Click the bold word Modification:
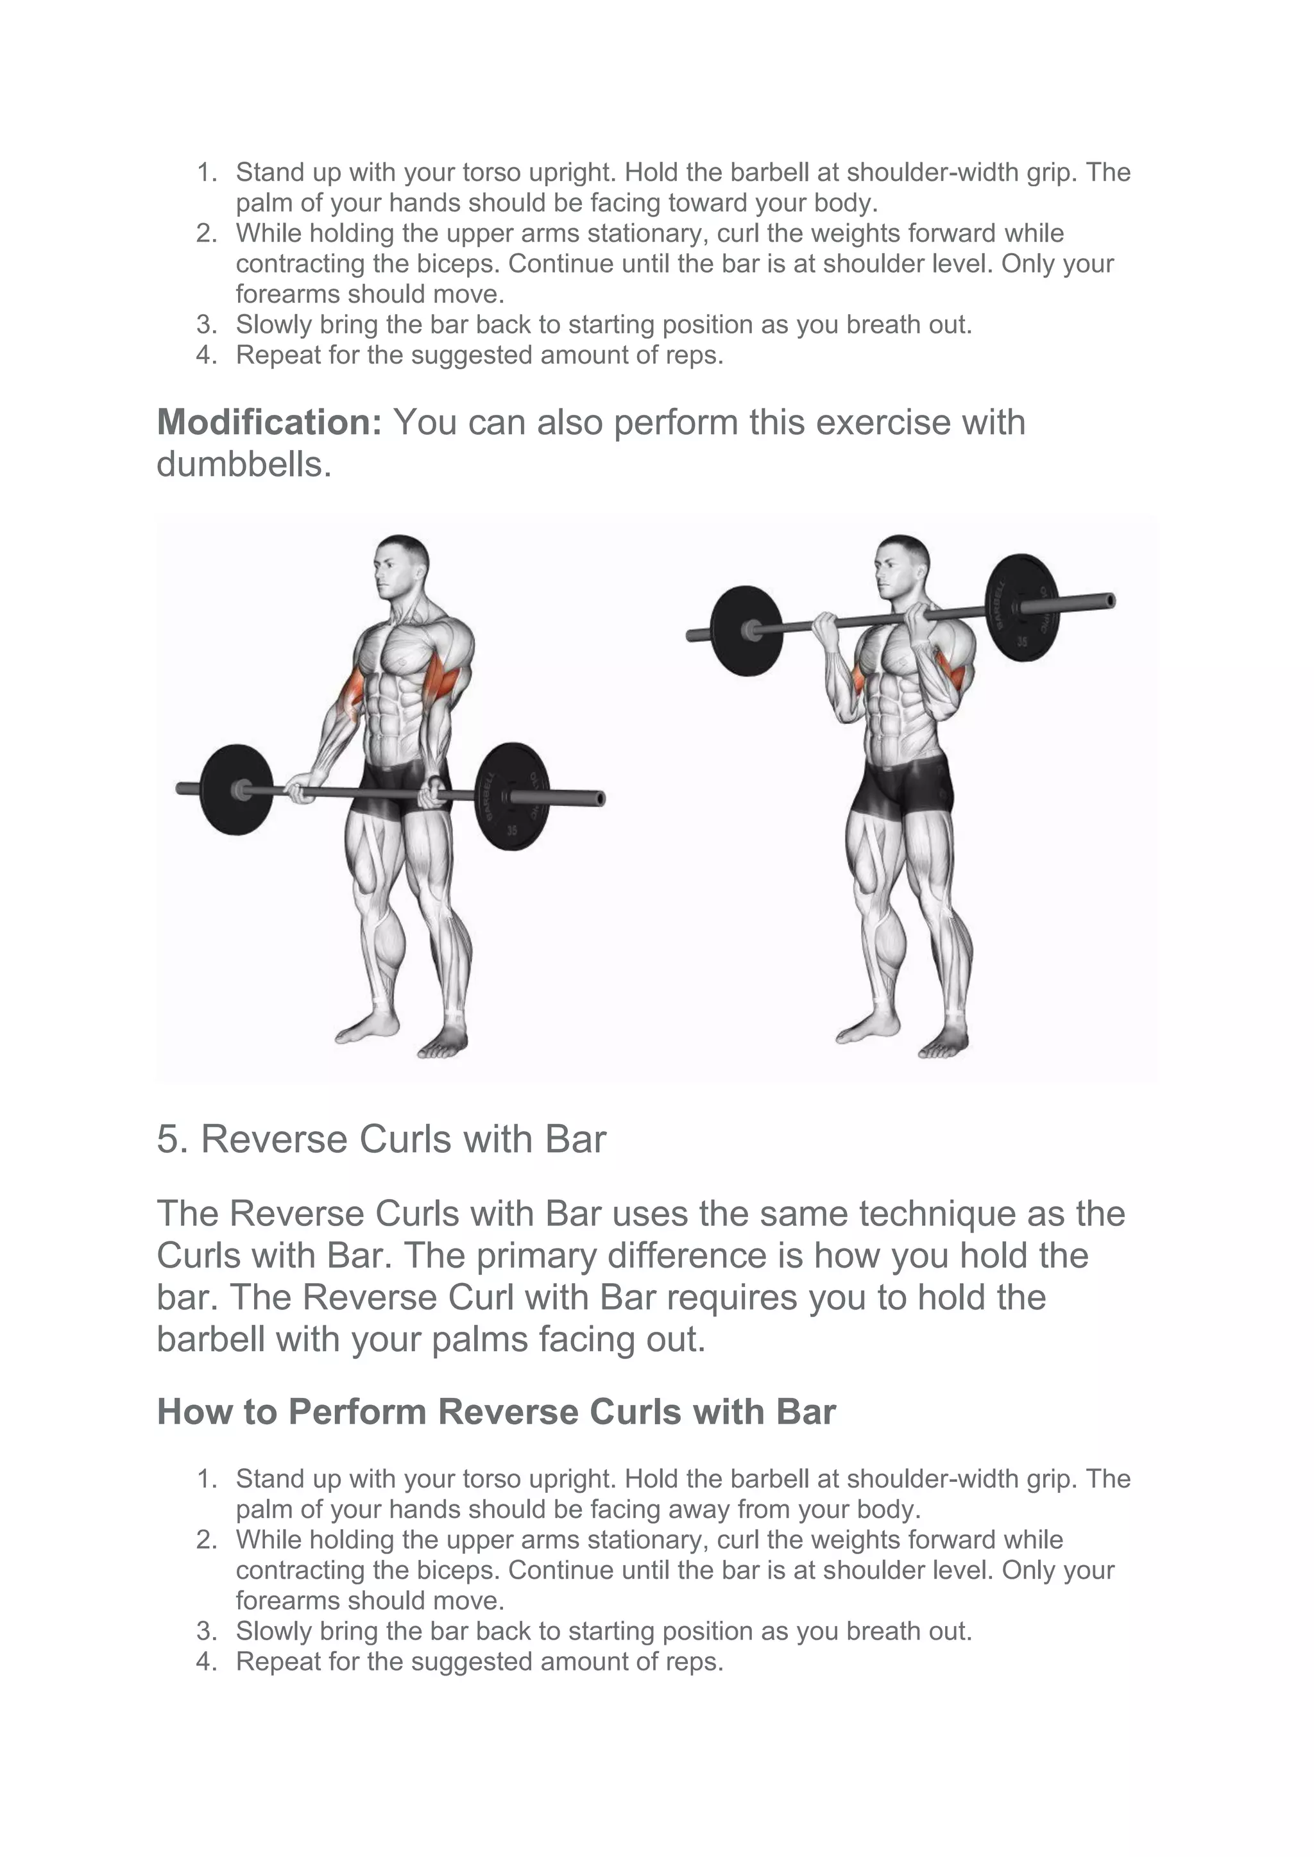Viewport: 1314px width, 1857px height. point(269,422)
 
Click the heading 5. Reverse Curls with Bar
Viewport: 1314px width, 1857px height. point(380,1139)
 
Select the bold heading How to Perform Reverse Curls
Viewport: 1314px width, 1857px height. point(495,1412)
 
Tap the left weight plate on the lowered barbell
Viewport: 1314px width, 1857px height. point(232,789)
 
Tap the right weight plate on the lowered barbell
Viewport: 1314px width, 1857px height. point(511,796)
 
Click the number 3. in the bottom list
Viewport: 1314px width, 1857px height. point(207,1631)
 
